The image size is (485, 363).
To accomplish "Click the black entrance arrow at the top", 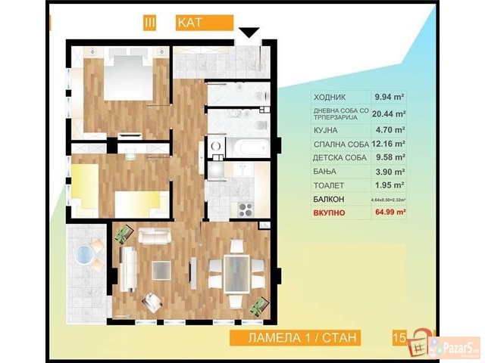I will (249, 32).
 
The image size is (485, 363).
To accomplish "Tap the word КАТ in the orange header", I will (189, 23).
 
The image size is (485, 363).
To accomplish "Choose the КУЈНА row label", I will (327, 129).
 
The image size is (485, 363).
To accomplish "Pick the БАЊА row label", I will (325, 172).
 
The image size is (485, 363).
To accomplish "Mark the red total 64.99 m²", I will (388, 214).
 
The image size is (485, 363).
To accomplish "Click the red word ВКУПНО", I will (330, 214).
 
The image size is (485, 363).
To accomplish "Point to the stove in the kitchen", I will (246, 206).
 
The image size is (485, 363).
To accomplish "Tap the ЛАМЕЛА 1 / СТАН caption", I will (302, 337).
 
